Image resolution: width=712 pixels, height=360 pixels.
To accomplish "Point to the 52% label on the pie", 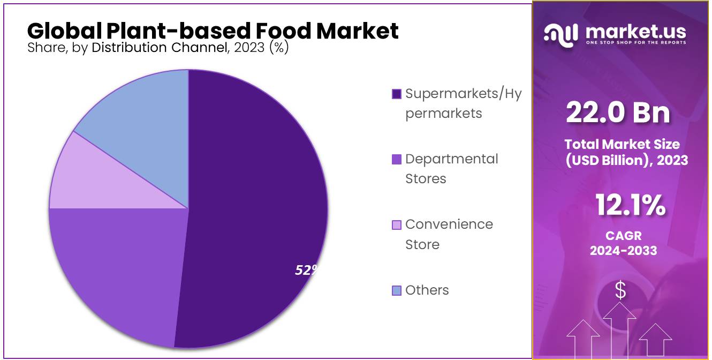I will click(x=306, y=270).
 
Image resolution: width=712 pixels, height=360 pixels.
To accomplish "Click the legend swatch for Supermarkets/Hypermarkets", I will click(x=397, y=94).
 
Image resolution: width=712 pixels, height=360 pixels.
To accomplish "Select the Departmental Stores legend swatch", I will click(x=397, y=159).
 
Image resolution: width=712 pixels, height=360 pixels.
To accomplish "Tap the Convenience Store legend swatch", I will click(x=397, y=224).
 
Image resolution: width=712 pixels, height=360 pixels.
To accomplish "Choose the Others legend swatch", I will click(x=397, y=290).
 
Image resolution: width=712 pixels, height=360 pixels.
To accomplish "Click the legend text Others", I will click(x=427, y=290).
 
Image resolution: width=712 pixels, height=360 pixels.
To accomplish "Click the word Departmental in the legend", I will click(x=451, y=159).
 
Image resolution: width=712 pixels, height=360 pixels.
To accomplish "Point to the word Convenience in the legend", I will click(x=449, y=224).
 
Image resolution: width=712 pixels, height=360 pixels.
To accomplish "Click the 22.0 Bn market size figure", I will click(x=618, y=113).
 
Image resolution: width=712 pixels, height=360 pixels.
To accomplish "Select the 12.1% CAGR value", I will click(x=631, y=205).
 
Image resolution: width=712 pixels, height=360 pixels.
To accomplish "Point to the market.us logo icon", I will click(x=560, y=34).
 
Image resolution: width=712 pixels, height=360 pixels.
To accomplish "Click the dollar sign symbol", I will click(x=620, y=291).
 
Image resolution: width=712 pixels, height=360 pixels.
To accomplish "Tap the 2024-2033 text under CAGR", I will click(x=624, y=250).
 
